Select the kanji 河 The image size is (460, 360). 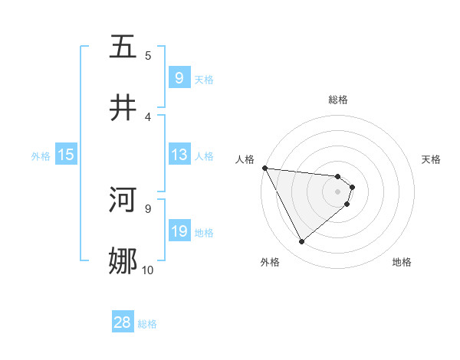pyautogui.click(x=123, y=201)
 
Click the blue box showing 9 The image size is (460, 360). pyautogui.click(x=179, y=77)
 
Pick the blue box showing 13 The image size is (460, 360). pyautogui.click(x=179, y=155)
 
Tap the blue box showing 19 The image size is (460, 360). pyautogui.click(x=179, y=231)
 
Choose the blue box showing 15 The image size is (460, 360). pyautogui.click(x=66, y=155)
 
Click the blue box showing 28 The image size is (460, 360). pyautogui.click(x=123, y=322)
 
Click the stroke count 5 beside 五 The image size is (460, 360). pyautogui.click(x=148, y=55)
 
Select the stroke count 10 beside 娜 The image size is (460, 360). pyautogui.click(x=147, y=270)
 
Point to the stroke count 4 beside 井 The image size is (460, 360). pyautogui.click(x=148, y=116)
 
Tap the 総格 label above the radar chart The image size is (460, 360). pyautogui.click(x=338, y=100)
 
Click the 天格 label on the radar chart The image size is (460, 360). pyautogui.click(x=432, y=159)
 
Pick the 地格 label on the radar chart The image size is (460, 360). pyautogui.click(x=402, y=262)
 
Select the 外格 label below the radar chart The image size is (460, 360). pyautogui.click(x=270, y=262)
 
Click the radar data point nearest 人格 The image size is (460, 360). pyautogui.click(x=264, y=168)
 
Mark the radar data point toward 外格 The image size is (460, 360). pyautogui.click(x=301, y=242)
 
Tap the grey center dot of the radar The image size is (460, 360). pyautogui.click(x=338, y=191)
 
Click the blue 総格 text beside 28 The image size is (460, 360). pyautogui.click(x=147, y=324)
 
